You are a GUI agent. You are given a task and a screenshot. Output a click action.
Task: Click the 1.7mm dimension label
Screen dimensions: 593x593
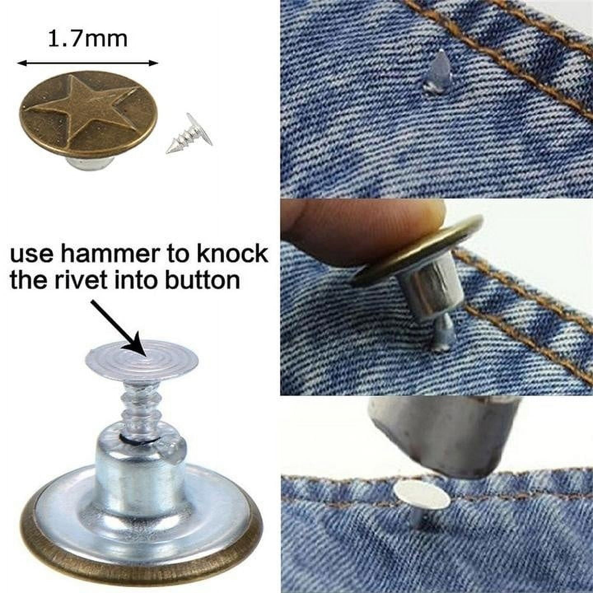pyautogui.click(x=87, y=39)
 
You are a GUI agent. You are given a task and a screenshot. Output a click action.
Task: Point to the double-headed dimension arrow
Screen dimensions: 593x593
pyautogui.click(x=87, y=63)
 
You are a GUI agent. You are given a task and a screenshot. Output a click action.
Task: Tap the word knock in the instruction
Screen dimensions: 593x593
pyautogui.click(x=233, y=254)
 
